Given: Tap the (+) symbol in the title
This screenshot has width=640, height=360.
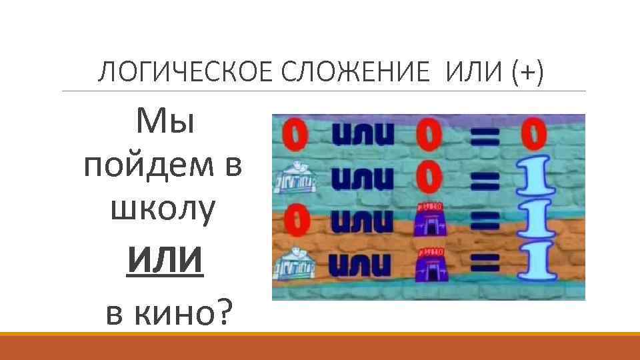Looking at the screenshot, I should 527,71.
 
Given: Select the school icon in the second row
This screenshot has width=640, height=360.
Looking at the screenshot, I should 295,179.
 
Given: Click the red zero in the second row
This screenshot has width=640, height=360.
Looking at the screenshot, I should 430,178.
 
